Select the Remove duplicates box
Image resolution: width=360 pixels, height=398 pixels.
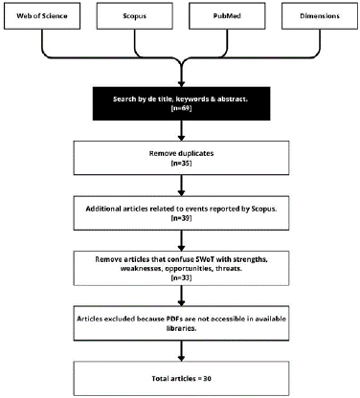coord(180,158)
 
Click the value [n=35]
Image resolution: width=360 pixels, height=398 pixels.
coord(180,165)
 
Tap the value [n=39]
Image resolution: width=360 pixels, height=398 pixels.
coord(180,218)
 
